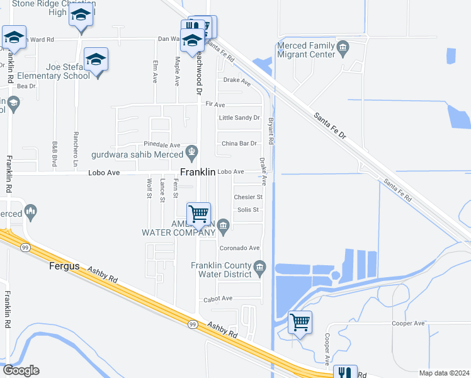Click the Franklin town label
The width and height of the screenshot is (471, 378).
198,172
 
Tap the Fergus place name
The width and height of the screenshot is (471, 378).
64,266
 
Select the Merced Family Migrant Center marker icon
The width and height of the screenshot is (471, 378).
343,46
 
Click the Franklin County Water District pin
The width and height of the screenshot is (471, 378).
259,269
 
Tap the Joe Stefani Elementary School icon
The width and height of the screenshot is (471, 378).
96,60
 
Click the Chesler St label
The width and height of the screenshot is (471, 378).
247,197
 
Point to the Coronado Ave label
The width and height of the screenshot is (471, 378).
239,248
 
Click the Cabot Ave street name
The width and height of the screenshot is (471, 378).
217,298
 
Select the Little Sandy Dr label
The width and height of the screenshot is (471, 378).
239,118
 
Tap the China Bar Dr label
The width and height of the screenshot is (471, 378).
239,144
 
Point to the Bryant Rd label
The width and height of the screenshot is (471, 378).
271,131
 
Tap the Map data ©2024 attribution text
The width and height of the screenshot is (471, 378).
444,372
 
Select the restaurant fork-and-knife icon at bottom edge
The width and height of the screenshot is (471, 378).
344,373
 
